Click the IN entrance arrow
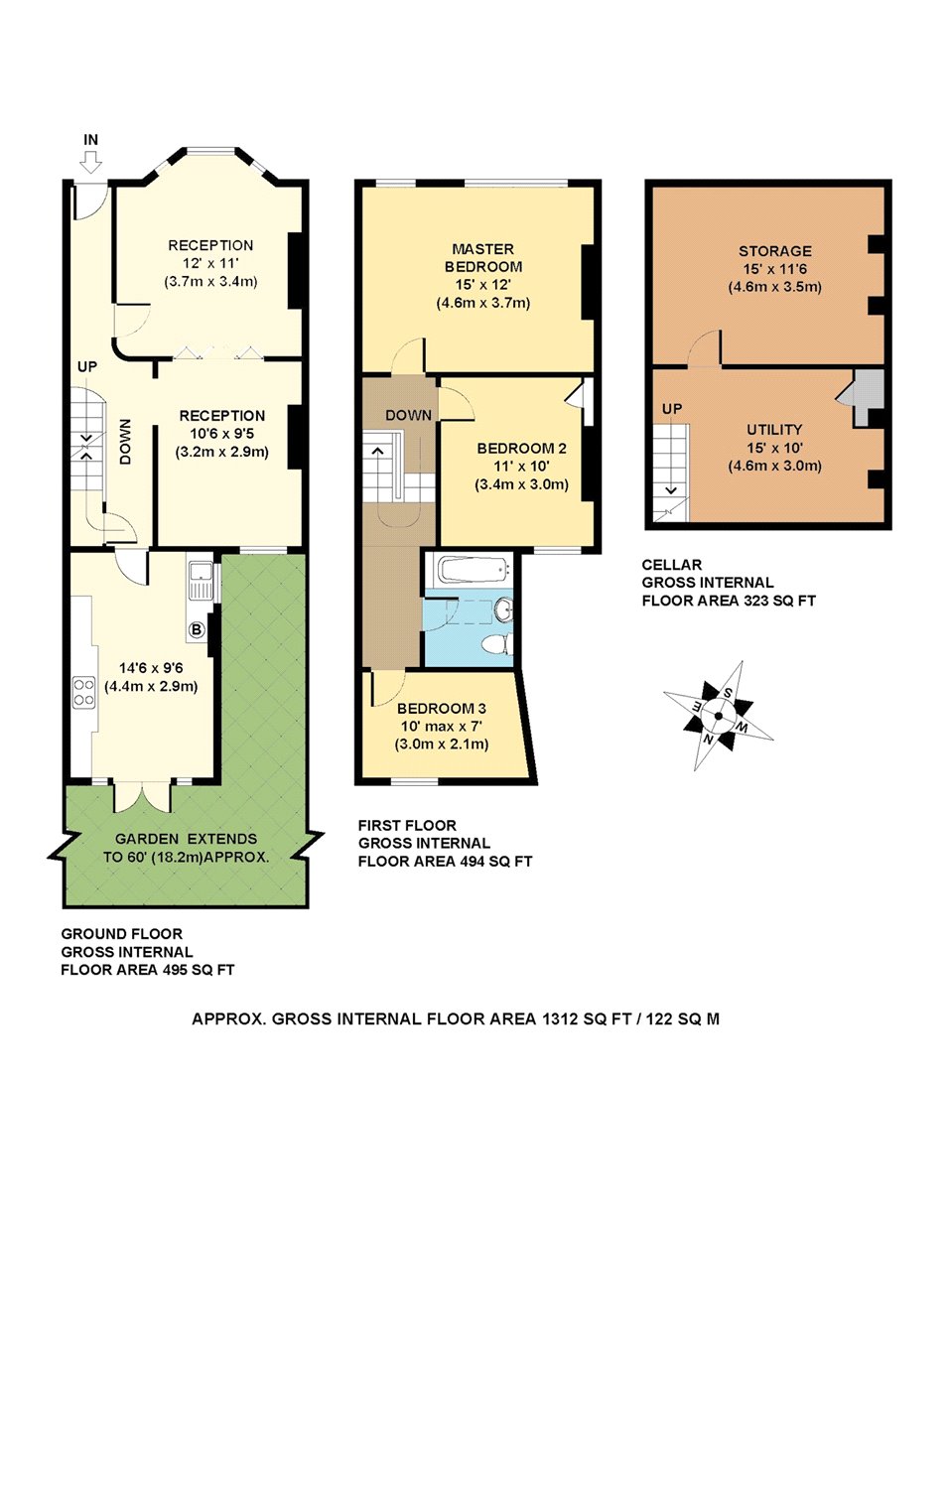[x=90, y=162]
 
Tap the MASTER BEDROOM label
[x=483, y=258]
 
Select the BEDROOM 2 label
[x=521, y=449]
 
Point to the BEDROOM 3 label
[x=442, y=709]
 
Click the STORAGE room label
[x=775, y=251]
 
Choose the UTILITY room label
[x=774, y=430]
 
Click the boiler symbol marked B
[x=197, y=629]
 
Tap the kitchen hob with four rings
[x=83, y=691]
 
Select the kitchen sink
[x=201, y=581]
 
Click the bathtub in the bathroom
[x=474, y=570]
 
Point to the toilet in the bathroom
[x=495, y=644]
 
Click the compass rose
[x=719, y=716]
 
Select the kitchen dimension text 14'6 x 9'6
[x=151, y=668]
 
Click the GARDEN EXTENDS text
[x=187, y=839]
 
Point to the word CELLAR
[x=671, y=565]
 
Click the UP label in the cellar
[x=671, y=409]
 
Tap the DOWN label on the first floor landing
[x=409, y=416]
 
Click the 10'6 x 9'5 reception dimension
[x=222, y=434]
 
